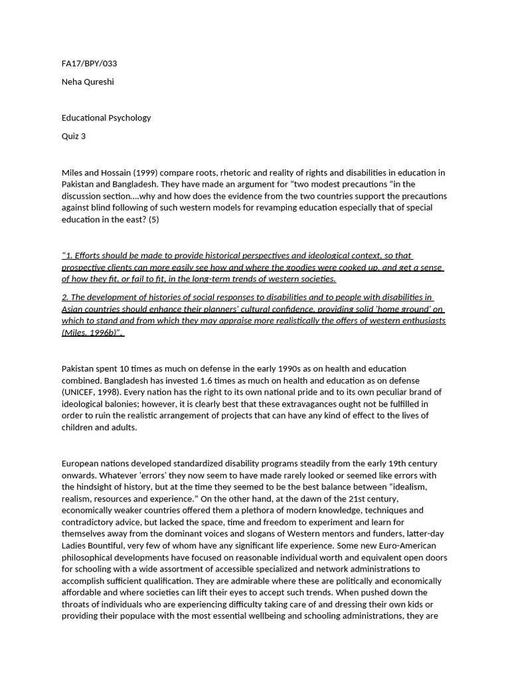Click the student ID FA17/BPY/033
tap(89, 64)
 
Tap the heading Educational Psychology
tap(106, 118)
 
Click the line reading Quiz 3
tap(74, 136)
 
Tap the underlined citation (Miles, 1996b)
tap(92, 333)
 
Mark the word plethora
tap(252, 511)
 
